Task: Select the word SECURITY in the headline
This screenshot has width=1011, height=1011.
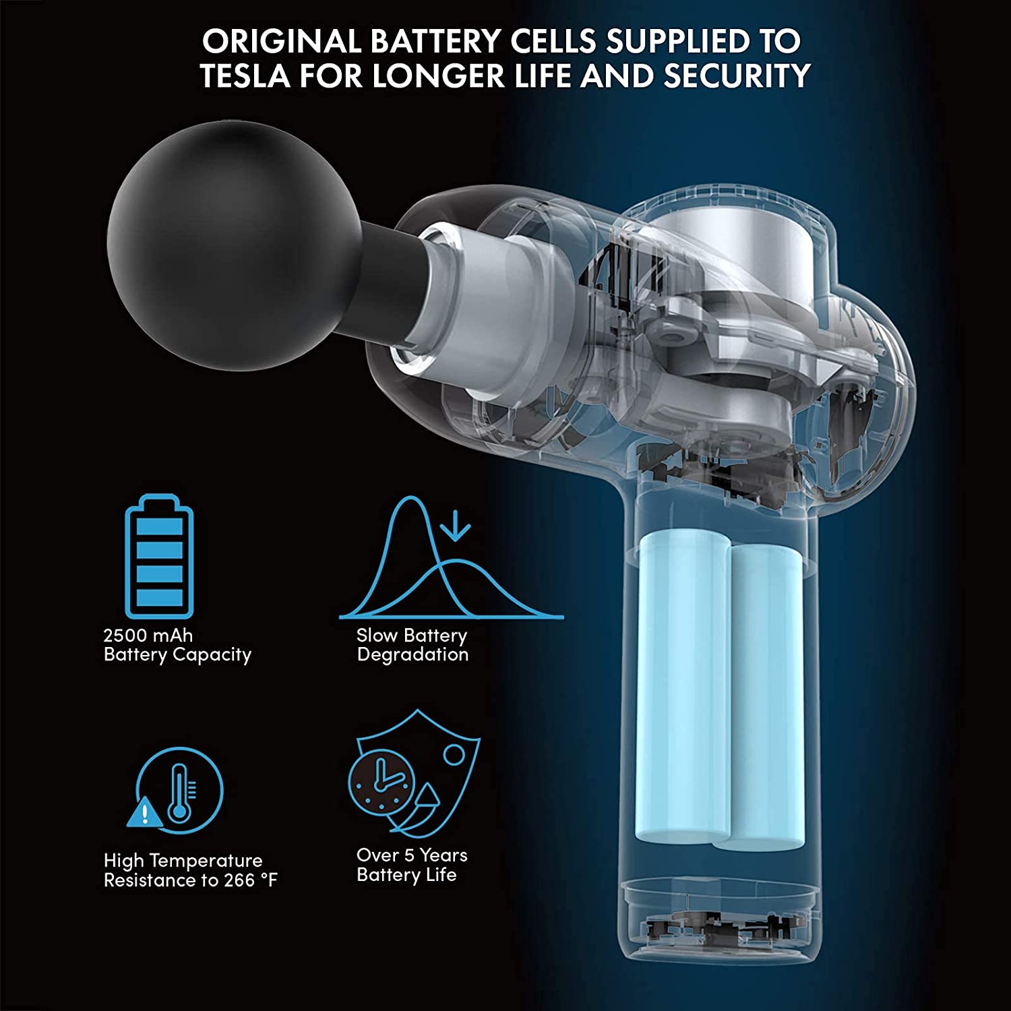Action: point(737,75)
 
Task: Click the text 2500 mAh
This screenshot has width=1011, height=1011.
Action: point(148,636)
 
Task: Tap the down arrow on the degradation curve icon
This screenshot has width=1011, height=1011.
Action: point(456,526)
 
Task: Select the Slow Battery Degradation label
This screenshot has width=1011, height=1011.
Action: point(412,645)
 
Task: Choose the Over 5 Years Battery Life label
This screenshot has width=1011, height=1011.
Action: point(412,865)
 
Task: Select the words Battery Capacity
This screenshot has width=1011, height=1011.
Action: point(177,655)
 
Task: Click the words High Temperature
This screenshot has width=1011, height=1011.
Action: point(183,861)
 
